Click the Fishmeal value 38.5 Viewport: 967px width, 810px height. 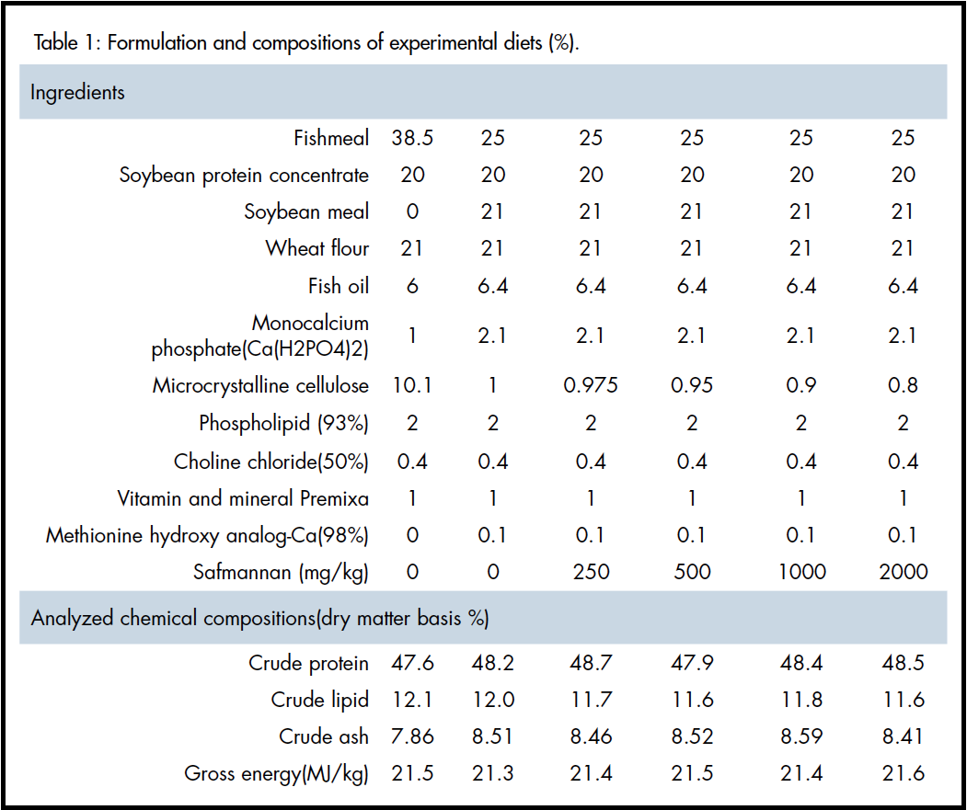[412, 138]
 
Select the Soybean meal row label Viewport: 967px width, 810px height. [306, 211]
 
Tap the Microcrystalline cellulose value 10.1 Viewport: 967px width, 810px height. [412, 385]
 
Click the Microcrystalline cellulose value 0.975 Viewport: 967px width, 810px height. [591, 385]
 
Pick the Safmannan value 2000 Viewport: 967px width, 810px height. [903, 572]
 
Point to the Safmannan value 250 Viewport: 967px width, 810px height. [591, 572]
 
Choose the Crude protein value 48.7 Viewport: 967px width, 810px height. [591, 663]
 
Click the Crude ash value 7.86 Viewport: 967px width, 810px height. [412, 736]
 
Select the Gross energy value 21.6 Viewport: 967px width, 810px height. [903, 773]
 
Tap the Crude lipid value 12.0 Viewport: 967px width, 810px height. [492, 700]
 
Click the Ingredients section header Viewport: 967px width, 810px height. [77, 92]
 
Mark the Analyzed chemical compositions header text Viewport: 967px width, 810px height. [259, 618]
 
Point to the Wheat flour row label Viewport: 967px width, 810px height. [317, 248]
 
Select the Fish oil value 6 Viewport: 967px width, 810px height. [412, 286]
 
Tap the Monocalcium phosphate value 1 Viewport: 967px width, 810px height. [412, 336]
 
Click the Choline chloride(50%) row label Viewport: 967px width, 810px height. [271, 461]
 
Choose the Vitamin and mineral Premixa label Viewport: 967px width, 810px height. [243, 498]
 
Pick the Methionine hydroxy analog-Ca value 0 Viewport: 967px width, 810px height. [412, 535]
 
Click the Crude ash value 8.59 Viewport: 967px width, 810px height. [801, 736]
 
